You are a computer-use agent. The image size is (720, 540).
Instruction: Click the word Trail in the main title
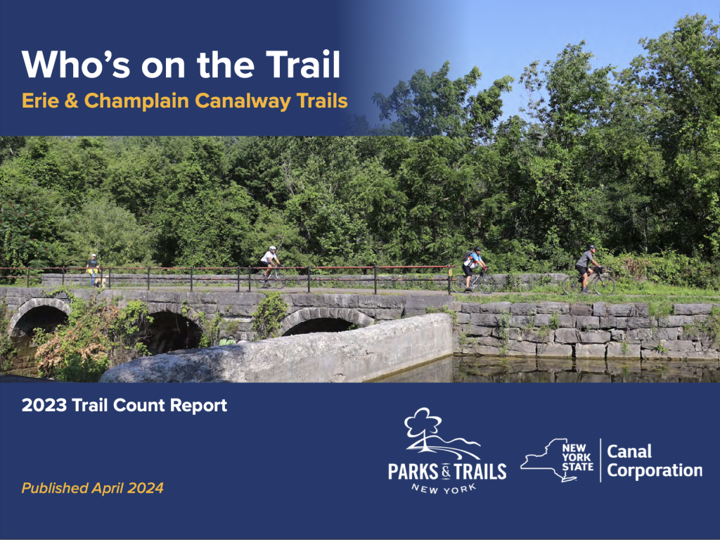pos(302,64)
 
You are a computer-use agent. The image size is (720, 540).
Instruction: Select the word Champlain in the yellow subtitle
pos(136,101)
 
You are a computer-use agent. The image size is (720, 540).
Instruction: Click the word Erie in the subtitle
pos(40,101)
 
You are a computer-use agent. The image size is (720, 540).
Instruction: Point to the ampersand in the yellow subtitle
pos(71,101)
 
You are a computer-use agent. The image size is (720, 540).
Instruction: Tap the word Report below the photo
pos(198,406)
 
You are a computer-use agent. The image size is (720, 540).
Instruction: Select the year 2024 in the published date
pos(146,488)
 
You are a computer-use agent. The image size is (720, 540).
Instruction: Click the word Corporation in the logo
pos(655,470)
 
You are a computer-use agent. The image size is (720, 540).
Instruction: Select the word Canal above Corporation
pos(629,451)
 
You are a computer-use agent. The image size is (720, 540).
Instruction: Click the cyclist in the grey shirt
pos(587,268)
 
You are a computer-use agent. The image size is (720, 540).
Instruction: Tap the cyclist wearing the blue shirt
pos(473,268)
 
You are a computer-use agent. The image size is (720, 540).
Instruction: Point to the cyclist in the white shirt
pos(269,263)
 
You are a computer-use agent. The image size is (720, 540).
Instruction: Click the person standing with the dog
pos(92,269)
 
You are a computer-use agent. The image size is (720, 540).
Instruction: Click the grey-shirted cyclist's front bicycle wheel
pos(604,284)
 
